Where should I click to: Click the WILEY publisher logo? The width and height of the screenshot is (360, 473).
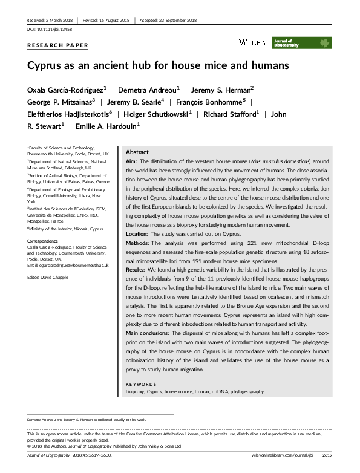pyautogui.click(x=252, y=42)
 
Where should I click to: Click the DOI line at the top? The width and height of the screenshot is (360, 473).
pyautogui.click(x=48, y=30)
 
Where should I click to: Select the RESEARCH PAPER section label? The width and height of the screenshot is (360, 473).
pyautogui.click(x=58, y=45)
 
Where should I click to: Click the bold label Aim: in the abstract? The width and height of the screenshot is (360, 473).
pyautogui.click(x=131, y=162)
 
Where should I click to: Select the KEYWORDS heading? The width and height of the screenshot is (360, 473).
pyautogui.click(x=140, y=384)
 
